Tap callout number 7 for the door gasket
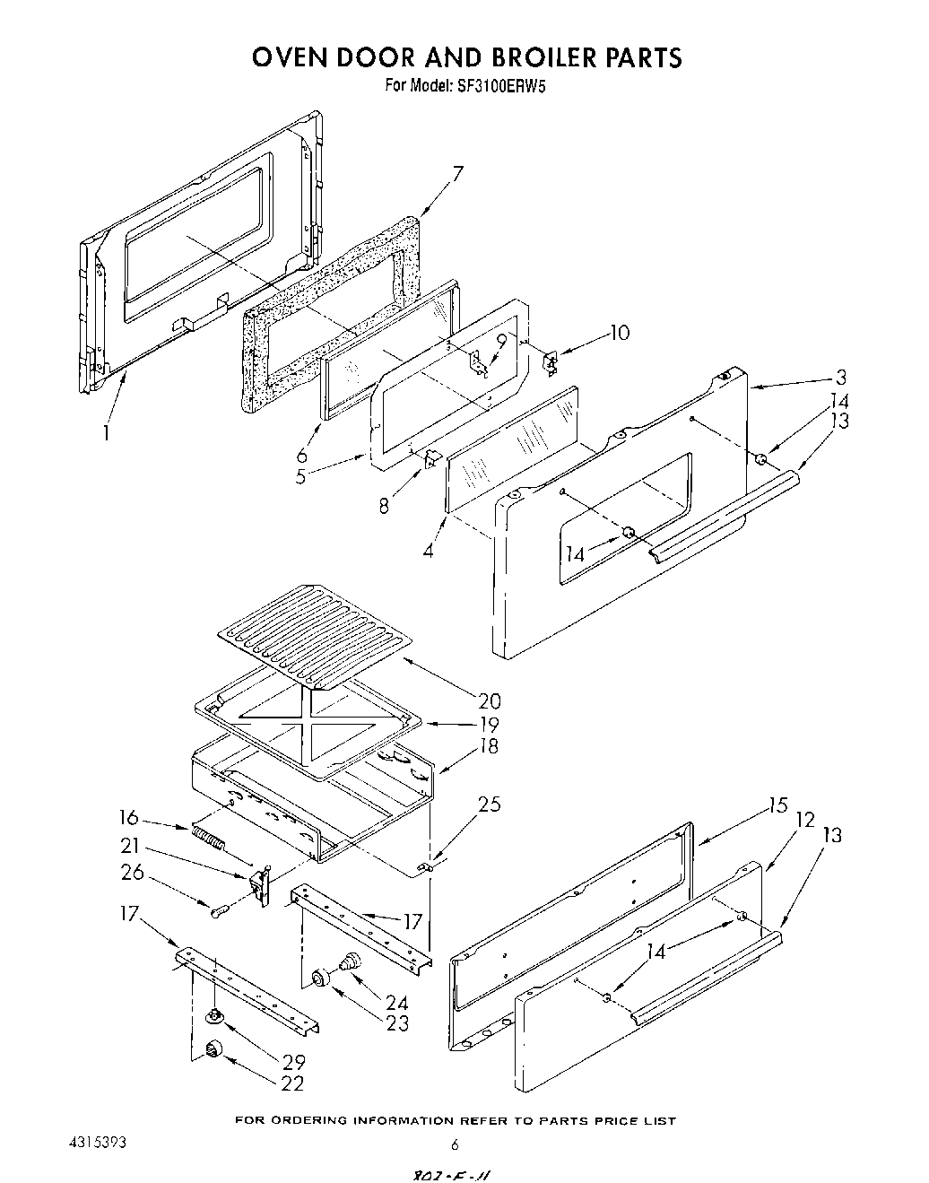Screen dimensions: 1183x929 click(x=457, y=173)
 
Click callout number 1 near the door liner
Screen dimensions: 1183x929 click(x=107, y=432)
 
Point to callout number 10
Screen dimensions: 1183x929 click(x=620, y=334)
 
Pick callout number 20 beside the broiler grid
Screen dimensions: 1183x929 click(x=490, y=700)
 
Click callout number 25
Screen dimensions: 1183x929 click(x=490, y=805)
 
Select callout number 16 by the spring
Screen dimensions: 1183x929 click(x=130, y=817)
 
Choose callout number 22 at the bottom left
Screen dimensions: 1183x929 click(x=293, y=1083)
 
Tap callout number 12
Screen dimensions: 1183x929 click(x=804, y=819)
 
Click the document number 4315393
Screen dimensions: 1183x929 click(x=98, y=1144)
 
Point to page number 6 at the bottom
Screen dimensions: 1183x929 click(x=455, y=1144)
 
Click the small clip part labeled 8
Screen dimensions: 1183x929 click(x=430, y=458)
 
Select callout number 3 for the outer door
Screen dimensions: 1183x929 click(x=841, y=377)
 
